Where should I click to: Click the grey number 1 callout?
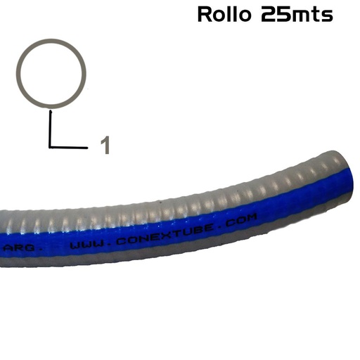(105, 145)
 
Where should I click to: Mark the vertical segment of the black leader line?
(50, 128)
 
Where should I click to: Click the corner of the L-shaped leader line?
(50, 146)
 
